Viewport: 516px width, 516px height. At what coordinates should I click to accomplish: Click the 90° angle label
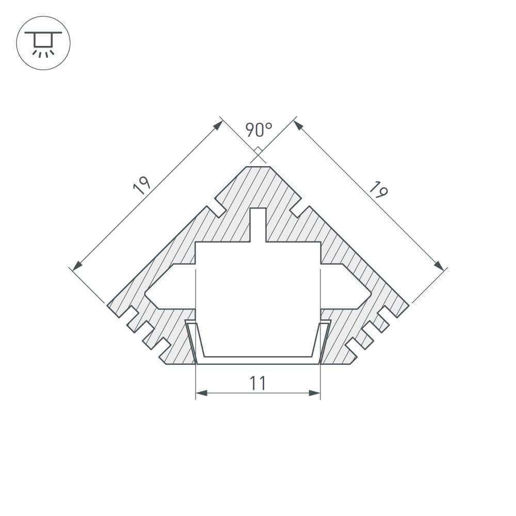(x=259, y=130)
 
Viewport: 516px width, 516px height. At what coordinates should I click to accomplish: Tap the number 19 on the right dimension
(x=378, y=189)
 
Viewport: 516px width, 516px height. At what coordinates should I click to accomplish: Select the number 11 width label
(x=257, y=383)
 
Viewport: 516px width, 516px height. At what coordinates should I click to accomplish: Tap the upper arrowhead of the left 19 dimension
(x=218, y=125)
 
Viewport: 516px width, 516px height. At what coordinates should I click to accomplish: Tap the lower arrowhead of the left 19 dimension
(x=77, y=266)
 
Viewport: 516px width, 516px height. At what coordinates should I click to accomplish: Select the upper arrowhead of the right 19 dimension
(x=298, y=124)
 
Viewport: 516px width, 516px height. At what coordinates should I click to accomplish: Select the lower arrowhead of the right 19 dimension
(x=439, y=265)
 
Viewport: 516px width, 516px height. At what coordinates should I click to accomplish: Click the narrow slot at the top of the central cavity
(x=258, y=224)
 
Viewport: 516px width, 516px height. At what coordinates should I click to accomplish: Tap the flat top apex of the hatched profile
(x=258, y=168)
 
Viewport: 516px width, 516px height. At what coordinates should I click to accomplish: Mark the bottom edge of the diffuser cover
(x=258, y=363)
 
